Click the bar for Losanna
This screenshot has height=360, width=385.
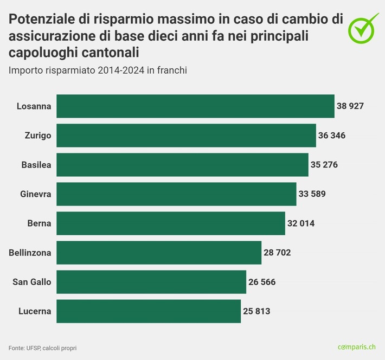[x=195, y=106]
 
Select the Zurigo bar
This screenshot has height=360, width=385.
[x=186, y=136]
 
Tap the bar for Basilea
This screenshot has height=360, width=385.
[x=182, y=165]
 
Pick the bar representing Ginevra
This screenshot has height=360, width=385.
[x=176, y=194]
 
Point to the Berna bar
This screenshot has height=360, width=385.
[x=171, y=223]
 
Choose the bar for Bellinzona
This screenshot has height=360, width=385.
[x=159, y=253]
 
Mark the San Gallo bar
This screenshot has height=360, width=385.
[x=151, y=282]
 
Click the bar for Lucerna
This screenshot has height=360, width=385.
[x=149, y=311]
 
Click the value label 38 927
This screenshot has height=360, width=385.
[x=350, y=106]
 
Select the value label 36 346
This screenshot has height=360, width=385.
[x=331, y=136]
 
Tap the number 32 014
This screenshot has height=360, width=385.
[x=300, y=223]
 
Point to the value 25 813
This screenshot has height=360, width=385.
[x=256, y=311]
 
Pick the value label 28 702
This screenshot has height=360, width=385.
[x=277, y=253]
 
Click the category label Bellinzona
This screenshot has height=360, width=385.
[x=30, y=253]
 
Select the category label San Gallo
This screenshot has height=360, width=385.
[x=32, y=282]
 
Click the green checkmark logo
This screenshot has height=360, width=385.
[x=363, y=28]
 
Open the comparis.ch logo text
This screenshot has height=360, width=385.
[x=357, y=347]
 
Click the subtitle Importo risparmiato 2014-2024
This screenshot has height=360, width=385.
[x=98, y=71]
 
